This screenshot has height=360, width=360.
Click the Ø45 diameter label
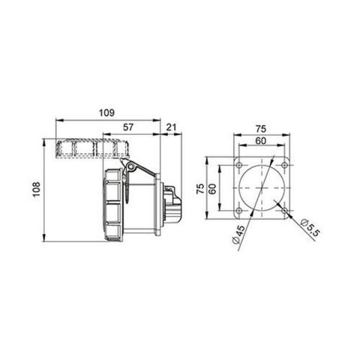[238, 238]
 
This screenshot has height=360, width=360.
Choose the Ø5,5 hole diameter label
[306, 228]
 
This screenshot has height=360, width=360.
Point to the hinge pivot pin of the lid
[127, 167]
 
